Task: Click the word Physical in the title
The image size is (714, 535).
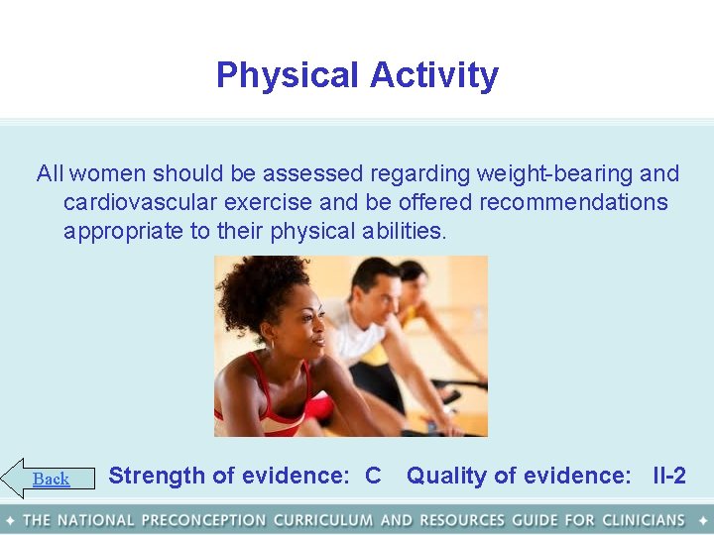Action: [x=287, y=75]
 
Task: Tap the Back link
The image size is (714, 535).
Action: [x=51, y=480]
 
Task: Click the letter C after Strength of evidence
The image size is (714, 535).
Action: [x=373, y=476]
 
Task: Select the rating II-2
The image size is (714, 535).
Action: [x=669, y=476]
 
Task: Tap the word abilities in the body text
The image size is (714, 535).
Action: [x=402, y=232]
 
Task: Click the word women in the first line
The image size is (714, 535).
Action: [x=107, y=174]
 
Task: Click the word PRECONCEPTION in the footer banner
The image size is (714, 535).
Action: [x=203, y=520]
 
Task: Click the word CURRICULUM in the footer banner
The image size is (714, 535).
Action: [x=323, y=520]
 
